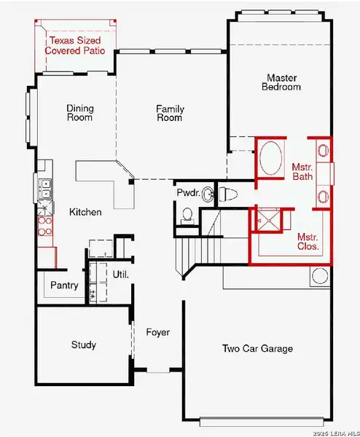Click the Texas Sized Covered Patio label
[x=75, y=47]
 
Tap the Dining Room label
[x=79, y=113]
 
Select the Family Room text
[x=169, y=113]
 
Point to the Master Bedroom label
[x=283, y=82]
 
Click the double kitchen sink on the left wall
[x=44, y=189]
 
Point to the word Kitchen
[x=85, y=213]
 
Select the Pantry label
[x=64, y=286]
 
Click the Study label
[x=83, y=345]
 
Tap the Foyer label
[x=158, y=333]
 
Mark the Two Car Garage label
[x=257, y=349]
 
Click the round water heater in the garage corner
[x=319, y=276]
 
